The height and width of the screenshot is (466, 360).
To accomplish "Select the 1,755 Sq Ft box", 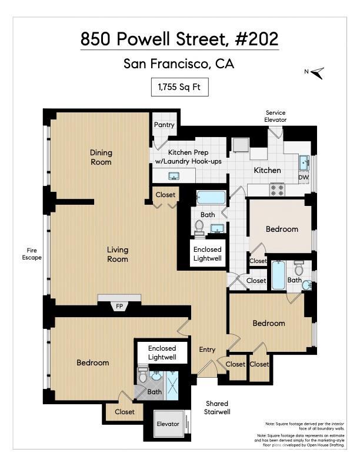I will (180, 87).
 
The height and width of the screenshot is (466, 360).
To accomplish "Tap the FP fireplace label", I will (119, 306).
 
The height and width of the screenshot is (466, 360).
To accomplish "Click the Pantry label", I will (164, 125).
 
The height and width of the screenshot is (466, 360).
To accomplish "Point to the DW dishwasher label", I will (303, 177).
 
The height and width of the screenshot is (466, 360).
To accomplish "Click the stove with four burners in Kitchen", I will (277, 189).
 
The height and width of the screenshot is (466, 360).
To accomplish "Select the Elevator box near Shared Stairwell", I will (167, 424).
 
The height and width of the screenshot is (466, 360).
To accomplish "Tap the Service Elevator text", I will (276, 116).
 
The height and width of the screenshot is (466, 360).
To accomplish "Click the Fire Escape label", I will (32, 253).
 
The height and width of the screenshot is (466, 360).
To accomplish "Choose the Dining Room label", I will (101, 157).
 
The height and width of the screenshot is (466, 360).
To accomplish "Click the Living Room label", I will (118, 254).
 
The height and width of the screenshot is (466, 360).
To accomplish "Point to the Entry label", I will (207, 349).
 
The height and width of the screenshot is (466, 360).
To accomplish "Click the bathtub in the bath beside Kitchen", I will (211, 197).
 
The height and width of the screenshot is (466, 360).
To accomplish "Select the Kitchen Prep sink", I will (174, 175).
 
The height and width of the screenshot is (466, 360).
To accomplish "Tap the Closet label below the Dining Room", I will (165, 195).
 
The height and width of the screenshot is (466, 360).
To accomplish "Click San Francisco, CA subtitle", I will (179, 64).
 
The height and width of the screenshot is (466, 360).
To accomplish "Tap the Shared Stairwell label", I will (217, 408).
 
